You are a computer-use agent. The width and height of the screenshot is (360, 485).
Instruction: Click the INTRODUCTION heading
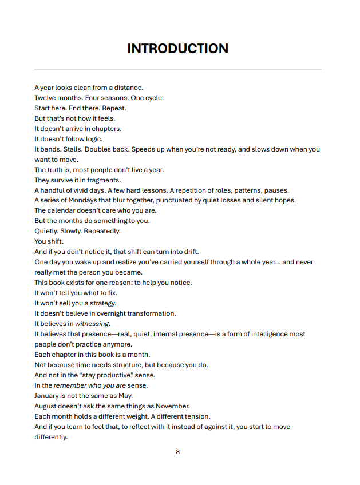point(177,49)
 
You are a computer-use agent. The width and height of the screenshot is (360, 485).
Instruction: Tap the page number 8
point(177,452)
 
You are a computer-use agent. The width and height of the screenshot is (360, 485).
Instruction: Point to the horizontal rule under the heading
point(177,69)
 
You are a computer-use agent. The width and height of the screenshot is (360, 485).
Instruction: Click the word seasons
point(117,98)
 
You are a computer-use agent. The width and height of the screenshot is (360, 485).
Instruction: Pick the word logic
point(93,139)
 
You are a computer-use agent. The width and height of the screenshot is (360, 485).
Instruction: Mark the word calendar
point(63,211)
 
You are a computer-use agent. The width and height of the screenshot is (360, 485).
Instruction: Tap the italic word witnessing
point(92,324)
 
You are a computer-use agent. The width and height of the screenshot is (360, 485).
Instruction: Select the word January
point(47,396)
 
